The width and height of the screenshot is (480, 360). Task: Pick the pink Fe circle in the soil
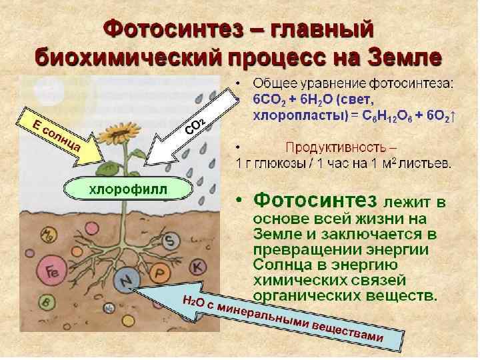(x=53, y=271)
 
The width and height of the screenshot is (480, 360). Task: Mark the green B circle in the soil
(x=46, y=301)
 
